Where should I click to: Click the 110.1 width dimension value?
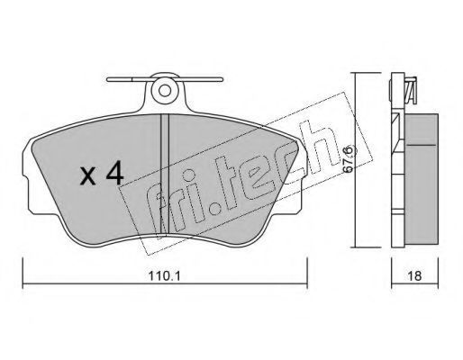(165, 275)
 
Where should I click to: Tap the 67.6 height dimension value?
(349, 159)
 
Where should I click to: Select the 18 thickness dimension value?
(414, 275)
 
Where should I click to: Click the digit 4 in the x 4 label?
(114, 173)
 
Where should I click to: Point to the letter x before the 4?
(88, 176)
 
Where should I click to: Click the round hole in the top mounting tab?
(165, 90)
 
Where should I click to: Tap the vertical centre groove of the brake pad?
(165, 174)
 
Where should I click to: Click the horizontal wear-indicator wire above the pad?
(165, 79)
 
